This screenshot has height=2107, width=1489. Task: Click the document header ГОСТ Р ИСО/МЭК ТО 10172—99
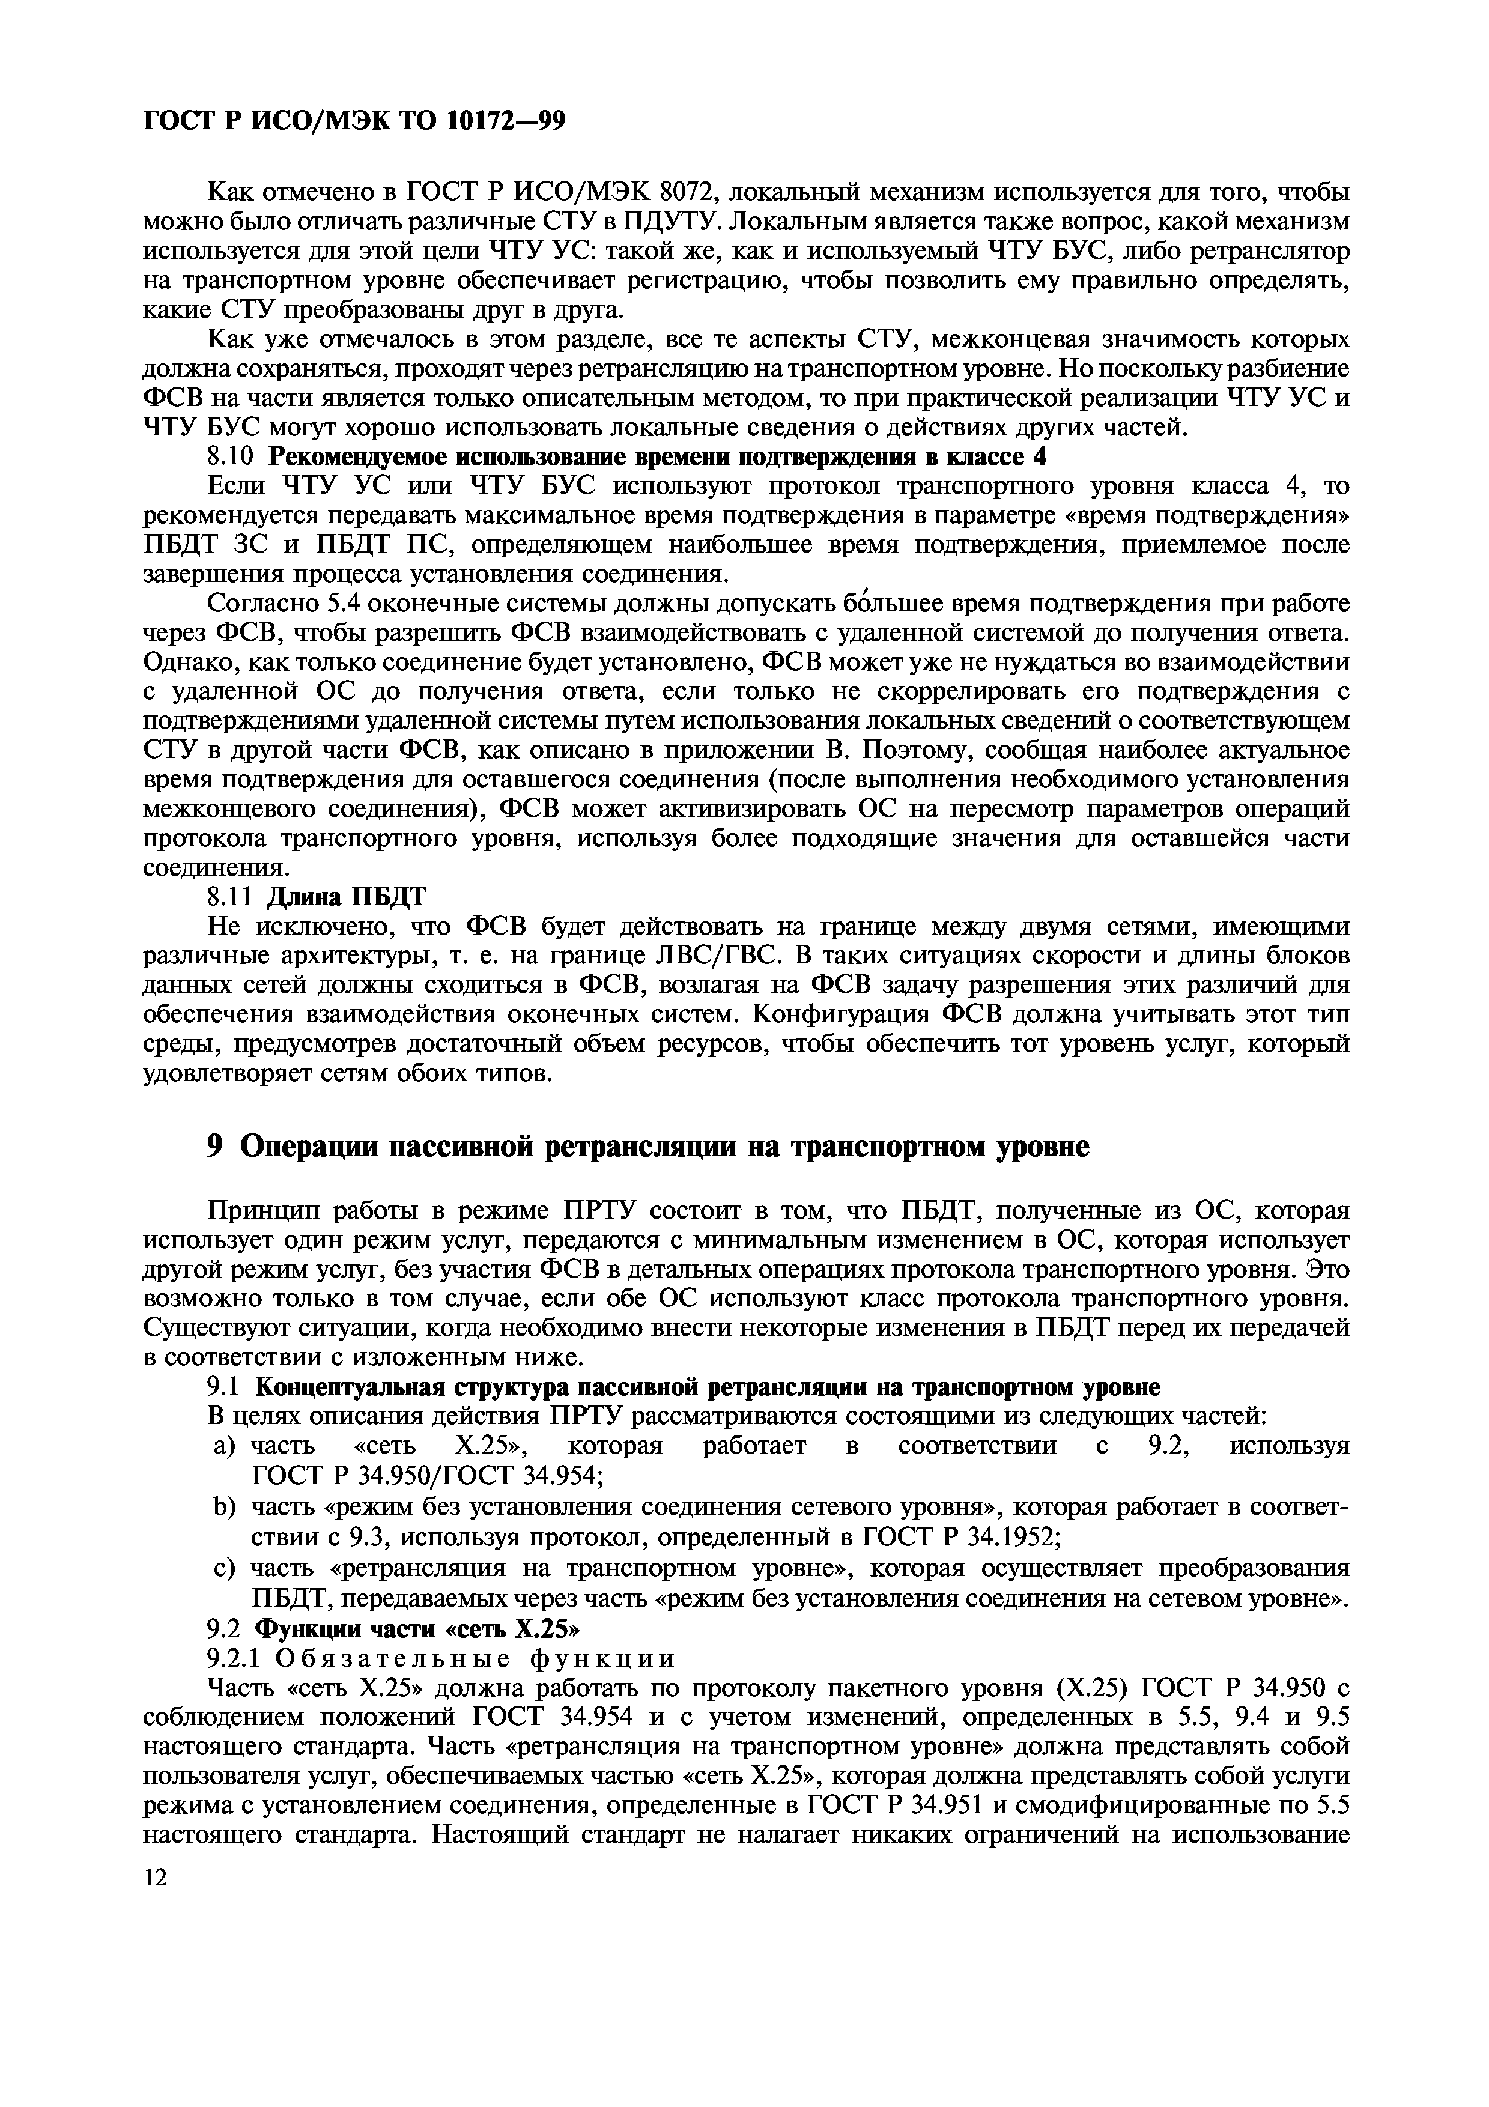[353, 120]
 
